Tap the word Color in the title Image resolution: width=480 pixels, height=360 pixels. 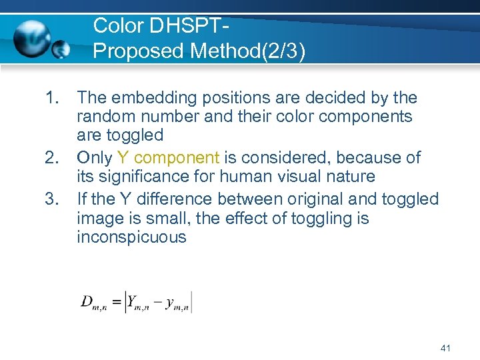119,26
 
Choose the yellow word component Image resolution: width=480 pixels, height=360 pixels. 176,158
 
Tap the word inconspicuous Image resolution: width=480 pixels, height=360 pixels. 131,237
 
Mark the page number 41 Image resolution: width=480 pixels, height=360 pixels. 446,347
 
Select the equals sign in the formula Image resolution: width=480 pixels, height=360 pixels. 117,301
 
